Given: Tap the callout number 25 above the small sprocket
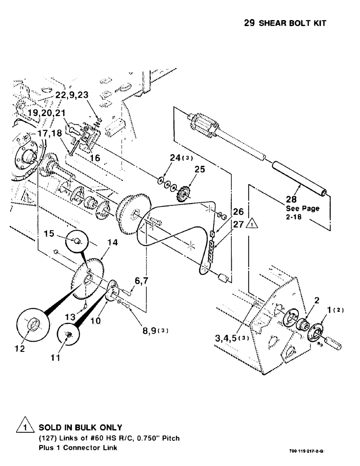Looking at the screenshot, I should click(x=199, y=170).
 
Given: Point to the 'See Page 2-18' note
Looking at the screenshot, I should click(x=302, y=212).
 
